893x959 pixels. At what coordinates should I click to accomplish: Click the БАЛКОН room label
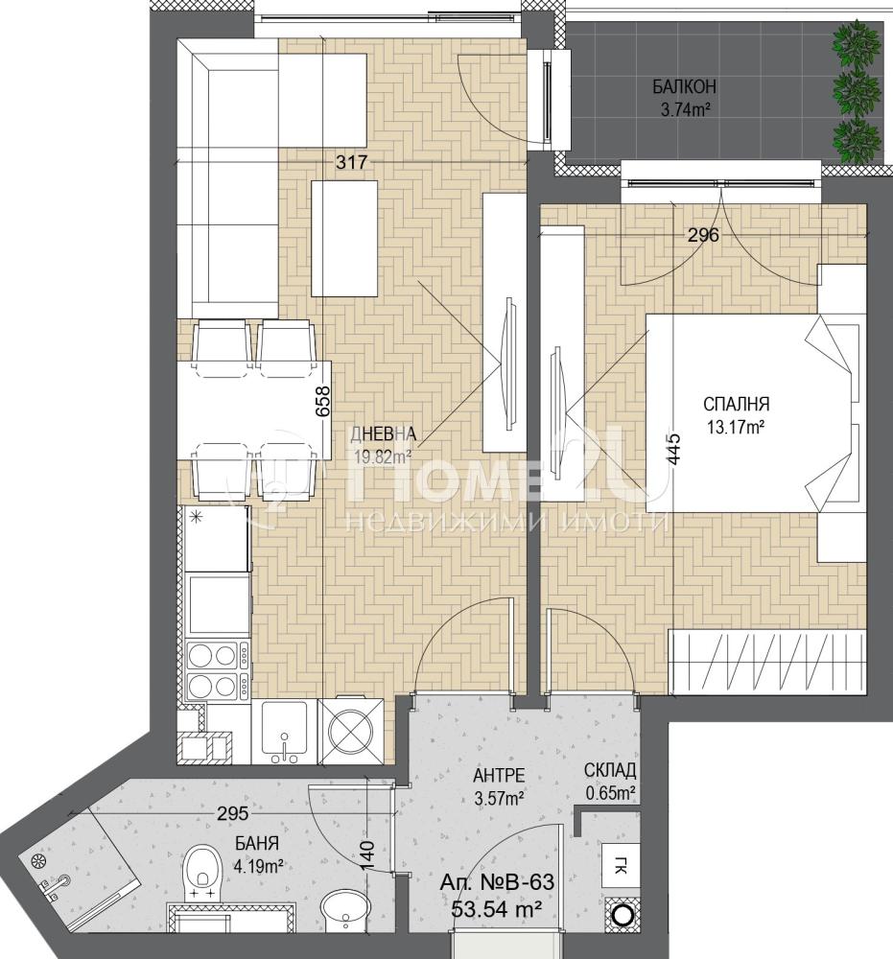[x=684, y=87]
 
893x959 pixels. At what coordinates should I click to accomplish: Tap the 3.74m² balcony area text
[x=685, y=110]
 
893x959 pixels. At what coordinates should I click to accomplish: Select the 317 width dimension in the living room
[x=352, y=162]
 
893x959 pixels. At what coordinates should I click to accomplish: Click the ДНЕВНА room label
[x=384, y=434]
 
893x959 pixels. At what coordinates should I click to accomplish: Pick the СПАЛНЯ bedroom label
[x=737, y=405]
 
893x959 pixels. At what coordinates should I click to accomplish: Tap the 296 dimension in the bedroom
[x=703, y=235]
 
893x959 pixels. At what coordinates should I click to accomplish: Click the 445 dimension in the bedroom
[x=672, y=450]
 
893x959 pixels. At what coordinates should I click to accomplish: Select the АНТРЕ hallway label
[x=499, y=776]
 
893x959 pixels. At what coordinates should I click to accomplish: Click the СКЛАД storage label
[x=610, y=769]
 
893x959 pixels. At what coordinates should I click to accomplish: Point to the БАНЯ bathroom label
[x=257, y=844]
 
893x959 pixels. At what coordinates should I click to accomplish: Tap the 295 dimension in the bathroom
[x=234, y=813]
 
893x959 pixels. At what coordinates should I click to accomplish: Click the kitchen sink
[x=285, y=732]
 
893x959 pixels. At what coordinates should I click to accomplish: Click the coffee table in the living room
[x=344, y=239]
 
